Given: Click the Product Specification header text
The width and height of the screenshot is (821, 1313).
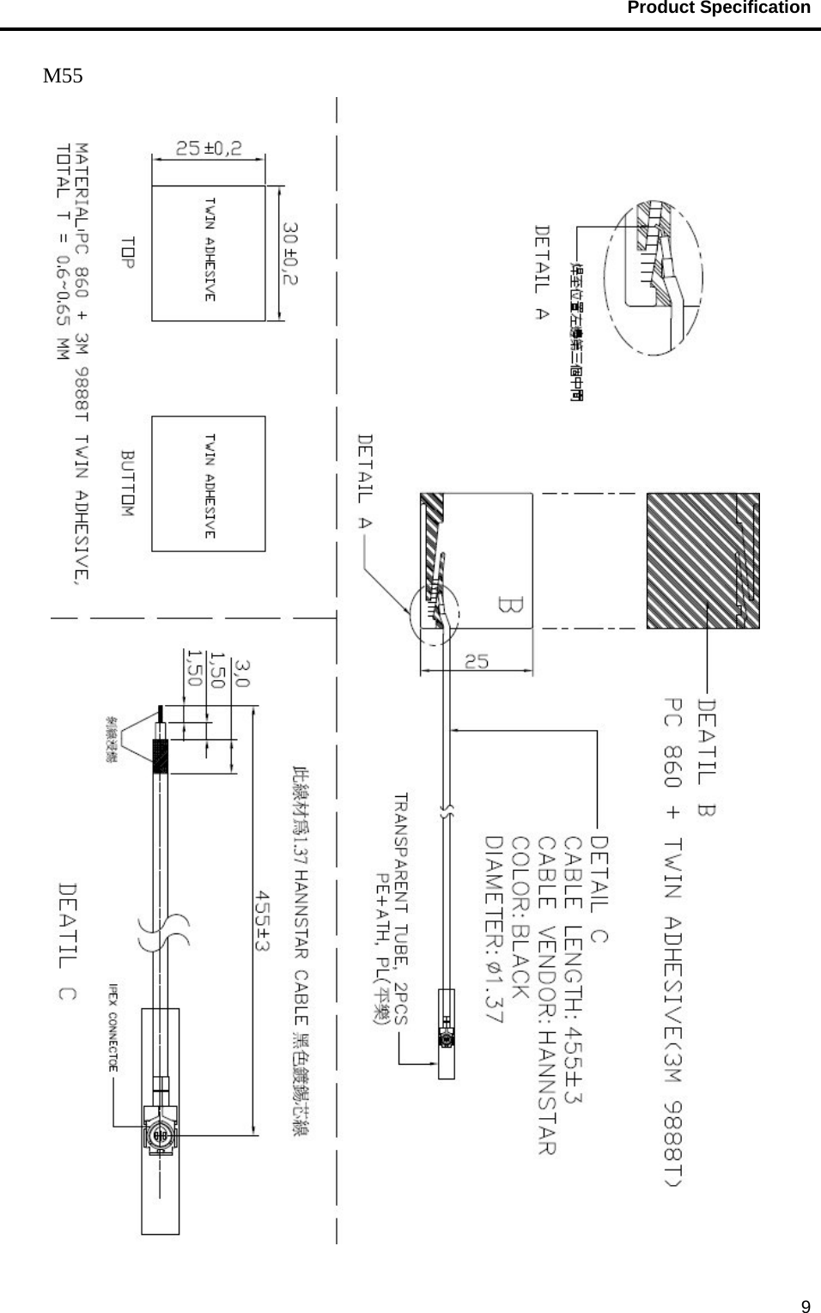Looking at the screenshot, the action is [x=718, y=9].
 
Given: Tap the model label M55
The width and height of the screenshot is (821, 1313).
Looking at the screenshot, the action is [x=64, y=76].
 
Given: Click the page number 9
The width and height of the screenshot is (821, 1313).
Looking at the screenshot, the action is [x=805, y=1307].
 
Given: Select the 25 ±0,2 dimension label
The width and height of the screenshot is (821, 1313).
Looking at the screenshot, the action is [x=209, y=149].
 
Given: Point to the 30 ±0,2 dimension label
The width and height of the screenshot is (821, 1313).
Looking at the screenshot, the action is [x=292, y=254].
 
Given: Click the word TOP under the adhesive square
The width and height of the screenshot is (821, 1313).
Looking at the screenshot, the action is [x=128, y=252].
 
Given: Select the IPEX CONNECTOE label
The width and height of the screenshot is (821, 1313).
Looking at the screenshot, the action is [x=113, y=1027].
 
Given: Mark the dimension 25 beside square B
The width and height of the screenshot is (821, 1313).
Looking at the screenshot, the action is [x=477, y=662].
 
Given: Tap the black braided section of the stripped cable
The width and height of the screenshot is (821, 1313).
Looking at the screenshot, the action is [x=161, y=755].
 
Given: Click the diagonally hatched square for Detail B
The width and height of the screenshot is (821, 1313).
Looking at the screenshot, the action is [x=702, y=560].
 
